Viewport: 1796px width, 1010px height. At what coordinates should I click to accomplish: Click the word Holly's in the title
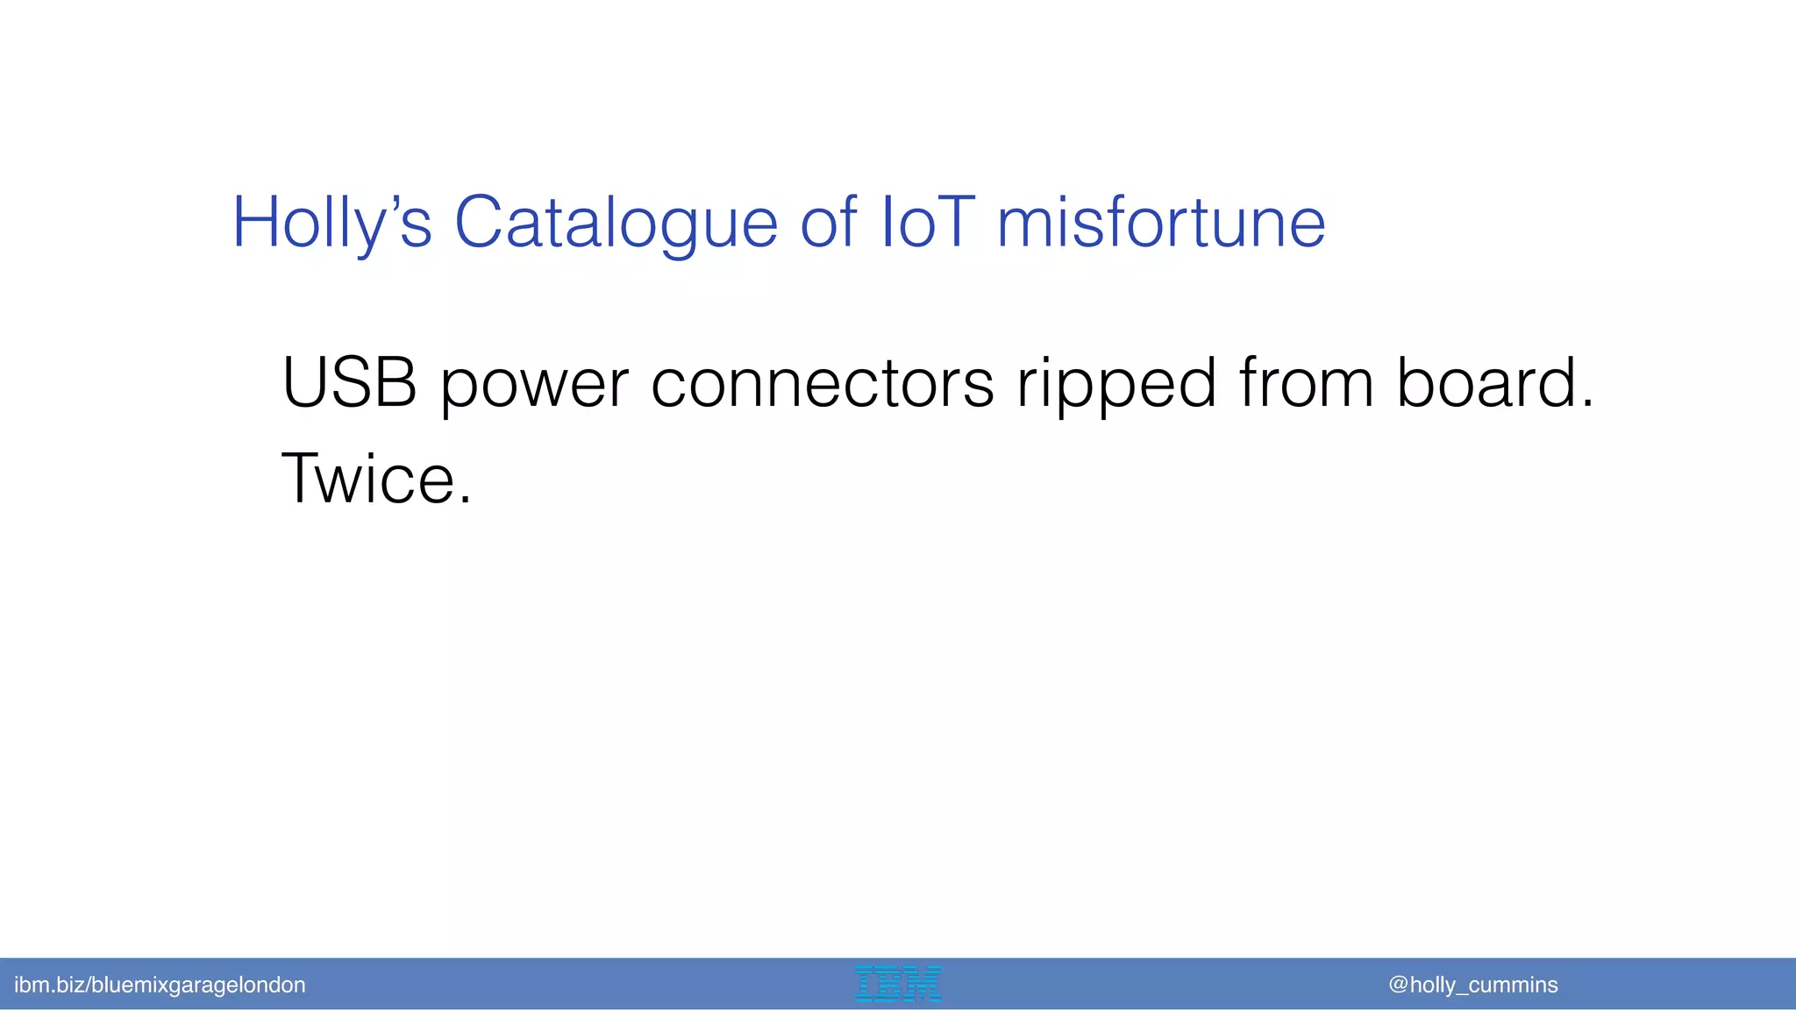331,223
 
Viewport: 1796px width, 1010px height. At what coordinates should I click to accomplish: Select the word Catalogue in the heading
616,223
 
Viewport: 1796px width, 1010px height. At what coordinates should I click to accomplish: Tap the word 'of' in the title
828,223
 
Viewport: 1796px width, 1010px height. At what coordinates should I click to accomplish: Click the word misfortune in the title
1161,223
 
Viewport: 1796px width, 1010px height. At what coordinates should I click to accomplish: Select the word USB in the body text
349,383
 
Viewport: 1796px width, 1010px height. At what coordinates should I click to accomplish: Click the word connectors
823,383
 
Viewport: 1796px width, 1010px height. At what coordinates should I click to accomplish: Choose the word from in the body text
1306,383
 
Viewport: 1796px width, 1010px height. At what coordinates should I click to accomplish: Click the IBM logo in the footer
897,984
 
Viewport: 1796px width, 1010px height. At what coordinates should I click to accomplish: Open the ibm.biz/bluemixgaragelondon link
160,985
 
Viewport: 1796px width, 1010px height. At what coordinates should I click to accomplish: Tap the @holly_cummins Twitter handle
1473,985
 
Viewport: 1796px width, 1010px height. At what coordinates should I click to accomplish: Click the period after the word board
1586,404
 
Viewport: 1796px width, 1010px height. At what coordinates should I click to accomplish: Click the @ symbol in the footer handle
1398,985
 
